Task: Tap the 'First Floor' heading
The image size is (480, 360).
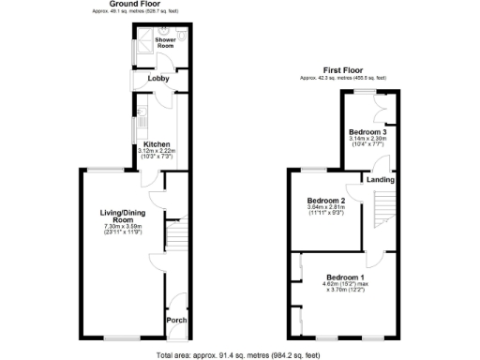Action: coord(344,69)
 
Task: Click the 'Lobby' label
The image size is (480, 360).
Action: coord(158,80)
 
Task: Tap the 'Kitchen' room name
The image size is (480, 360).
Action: coord(156,143)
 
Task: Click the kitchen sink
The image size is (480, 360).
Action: coord(137,122)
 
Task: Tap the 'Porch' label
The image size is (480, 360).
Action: coord(175,321)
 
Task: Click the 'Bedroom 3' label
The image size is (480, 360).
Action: coord(367,132)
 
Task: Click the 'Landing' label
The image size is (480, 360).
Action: coord(380,179)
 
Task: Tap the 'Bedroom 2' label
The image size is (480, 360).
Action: coord(327,201)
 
